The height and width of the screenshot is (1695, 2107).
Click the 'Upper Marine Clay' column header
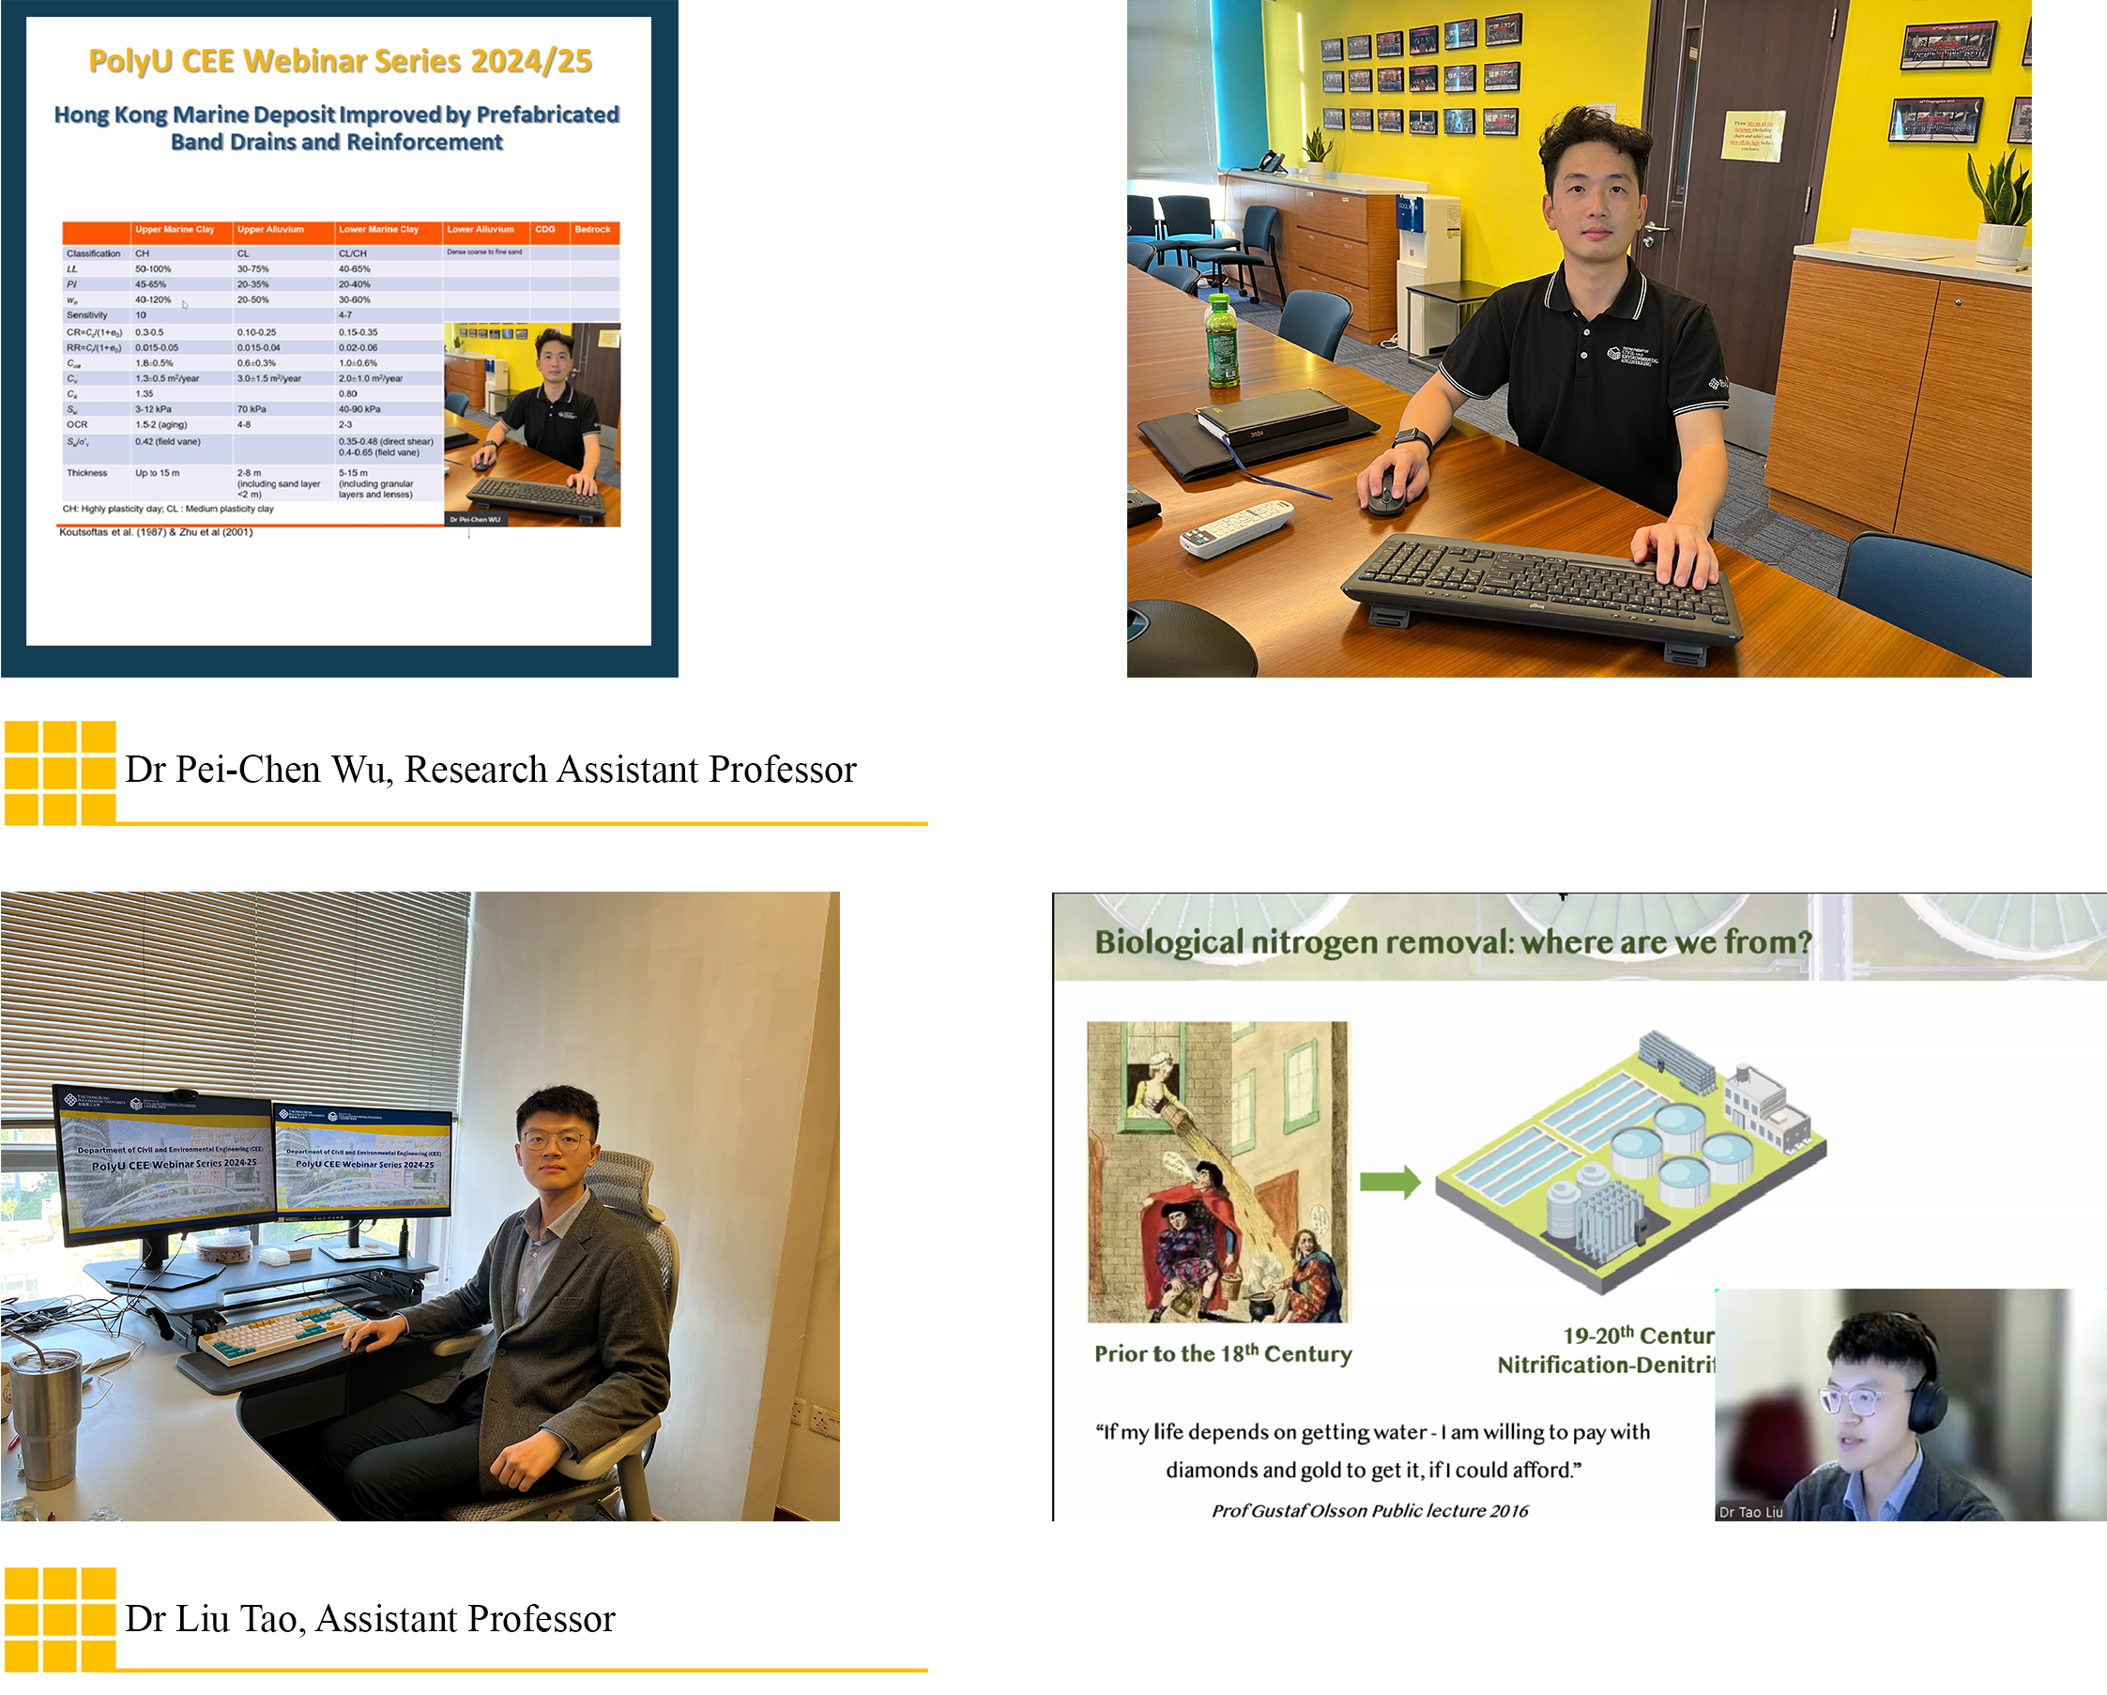(174, 230)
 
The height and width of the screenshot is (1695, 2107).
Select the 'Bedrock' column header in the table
(592, 230)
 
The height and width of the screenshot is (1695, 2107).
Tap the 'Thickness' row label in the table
(87, 473)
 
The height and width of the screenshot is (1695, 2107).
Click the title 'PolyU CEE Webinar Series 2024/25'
(340, 62)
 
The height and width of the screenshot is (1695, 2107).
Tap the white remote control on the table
(1235, 527)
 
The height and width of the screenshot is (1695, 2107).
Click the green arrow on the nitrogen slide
(1390, 1182)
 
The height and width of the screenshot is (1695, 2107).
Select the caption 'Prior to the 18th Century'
(1223, 1354)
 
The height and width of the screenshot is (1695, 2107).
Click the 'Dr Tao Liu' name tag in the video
(1750, 1512)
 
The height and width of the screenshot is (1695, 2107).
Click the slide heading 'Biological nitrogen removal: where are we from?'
(1452, 942)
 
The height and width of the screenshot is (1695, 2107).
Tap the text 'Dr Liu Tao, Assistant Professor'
(370, 1620)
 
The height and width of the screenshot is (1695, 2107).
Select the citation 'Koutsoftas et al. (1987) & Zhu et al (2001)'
(157, 533)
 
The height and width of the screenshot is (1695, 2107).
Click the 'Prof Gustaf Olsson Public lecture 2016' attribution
(1369, 1511)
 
